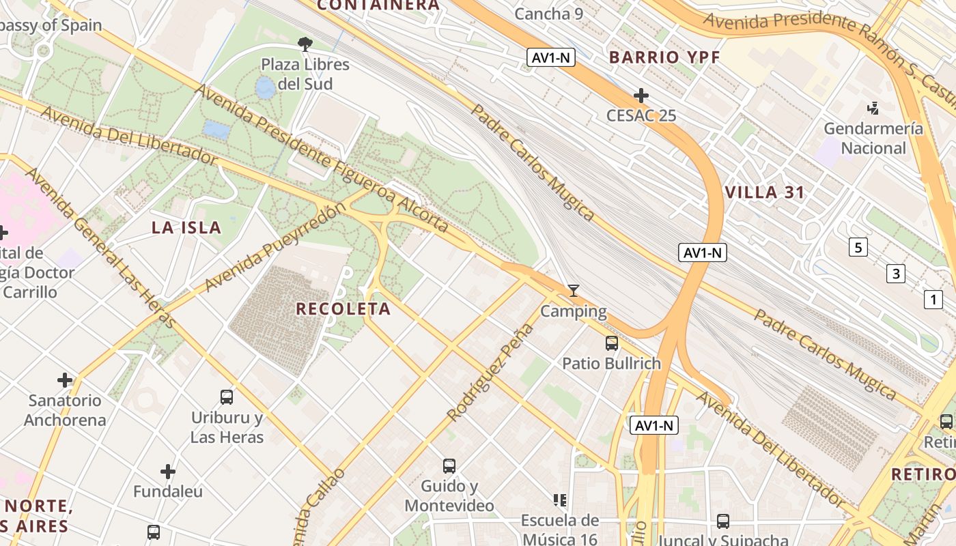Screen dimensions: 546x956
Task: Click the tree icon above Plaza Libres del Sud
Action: pos(305,44)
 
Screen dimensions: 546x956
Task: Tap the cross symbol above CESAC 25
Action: pos(641,96)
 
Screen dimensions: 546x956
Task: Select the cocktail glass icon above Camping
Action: pos(574,291)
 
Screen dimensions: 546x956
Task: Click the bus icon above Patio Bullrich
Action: pos(612,343)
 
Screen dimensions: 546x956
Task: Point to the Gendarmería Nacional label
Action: pos(873,138)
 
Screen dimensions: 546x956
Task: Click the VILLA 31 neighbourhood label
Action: pos(765,192)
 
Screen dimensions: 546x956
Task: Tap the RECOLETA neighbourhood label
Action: pos(343,309)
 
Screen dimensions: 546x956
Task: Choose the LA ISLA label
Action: pos(186,228)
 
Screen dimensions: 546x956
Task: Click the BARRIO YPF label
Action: pos(664,57)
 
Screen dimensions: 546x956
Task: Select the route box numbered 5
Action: pos(858,247)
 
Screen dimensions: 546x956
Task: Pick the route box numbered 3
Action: pos(895,274)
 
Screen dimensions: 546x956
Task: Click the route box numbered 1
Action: pos(933,299)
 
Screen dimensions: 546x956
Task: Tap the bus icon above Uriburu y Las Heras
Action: pos(227,397)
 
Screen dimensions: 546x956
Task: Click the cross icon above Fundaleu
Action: pos(168,471)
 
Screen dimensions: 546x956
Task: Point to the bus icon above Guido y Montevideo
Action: pos(449,466)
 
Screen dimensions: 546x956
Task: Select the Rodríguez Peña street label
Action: pos(490,373)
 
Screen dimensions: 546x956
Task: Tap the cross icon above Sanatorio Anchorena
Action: pos(65,379)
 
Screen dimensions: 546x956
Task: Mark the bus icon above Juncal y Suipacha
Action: pos(723,521)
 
